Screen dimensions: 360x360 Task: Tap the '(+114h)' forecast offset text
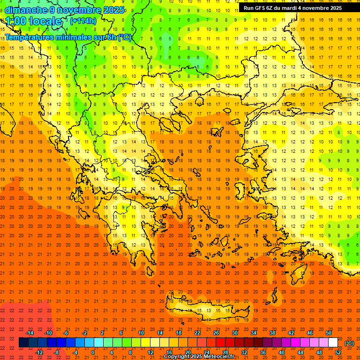(x=83, y=21)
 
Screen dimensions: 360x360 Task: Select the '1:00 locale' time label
(x=34, y=21)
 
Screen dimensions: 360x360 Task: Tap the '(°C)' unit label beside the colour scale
(x=349, y=343)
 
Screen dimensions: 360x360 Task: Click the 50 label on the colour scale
(x=329, y=333)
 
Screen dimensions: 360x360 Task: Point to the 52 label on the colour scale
(x=338, y=352)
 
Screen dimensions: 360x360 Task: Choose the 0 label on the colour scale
(x=93, y=352)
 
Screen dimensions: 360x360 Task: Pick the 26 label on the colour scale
(x=216, y=333)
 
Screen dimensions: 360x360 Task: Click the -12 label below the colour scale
(x=39, y=352)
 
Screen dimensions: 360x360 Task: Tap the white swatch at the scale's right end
(x=333, y=343)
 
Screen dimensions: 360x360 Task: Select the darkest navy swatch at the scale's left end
(x=23, y=343)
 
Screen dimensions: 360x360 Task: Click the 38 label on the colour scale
(x=272, y=333)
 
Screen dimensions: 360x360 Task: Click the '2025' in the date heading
(x=113, y=10)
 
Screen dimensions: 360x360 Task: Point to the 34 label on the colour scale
(x=254, y=333)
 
